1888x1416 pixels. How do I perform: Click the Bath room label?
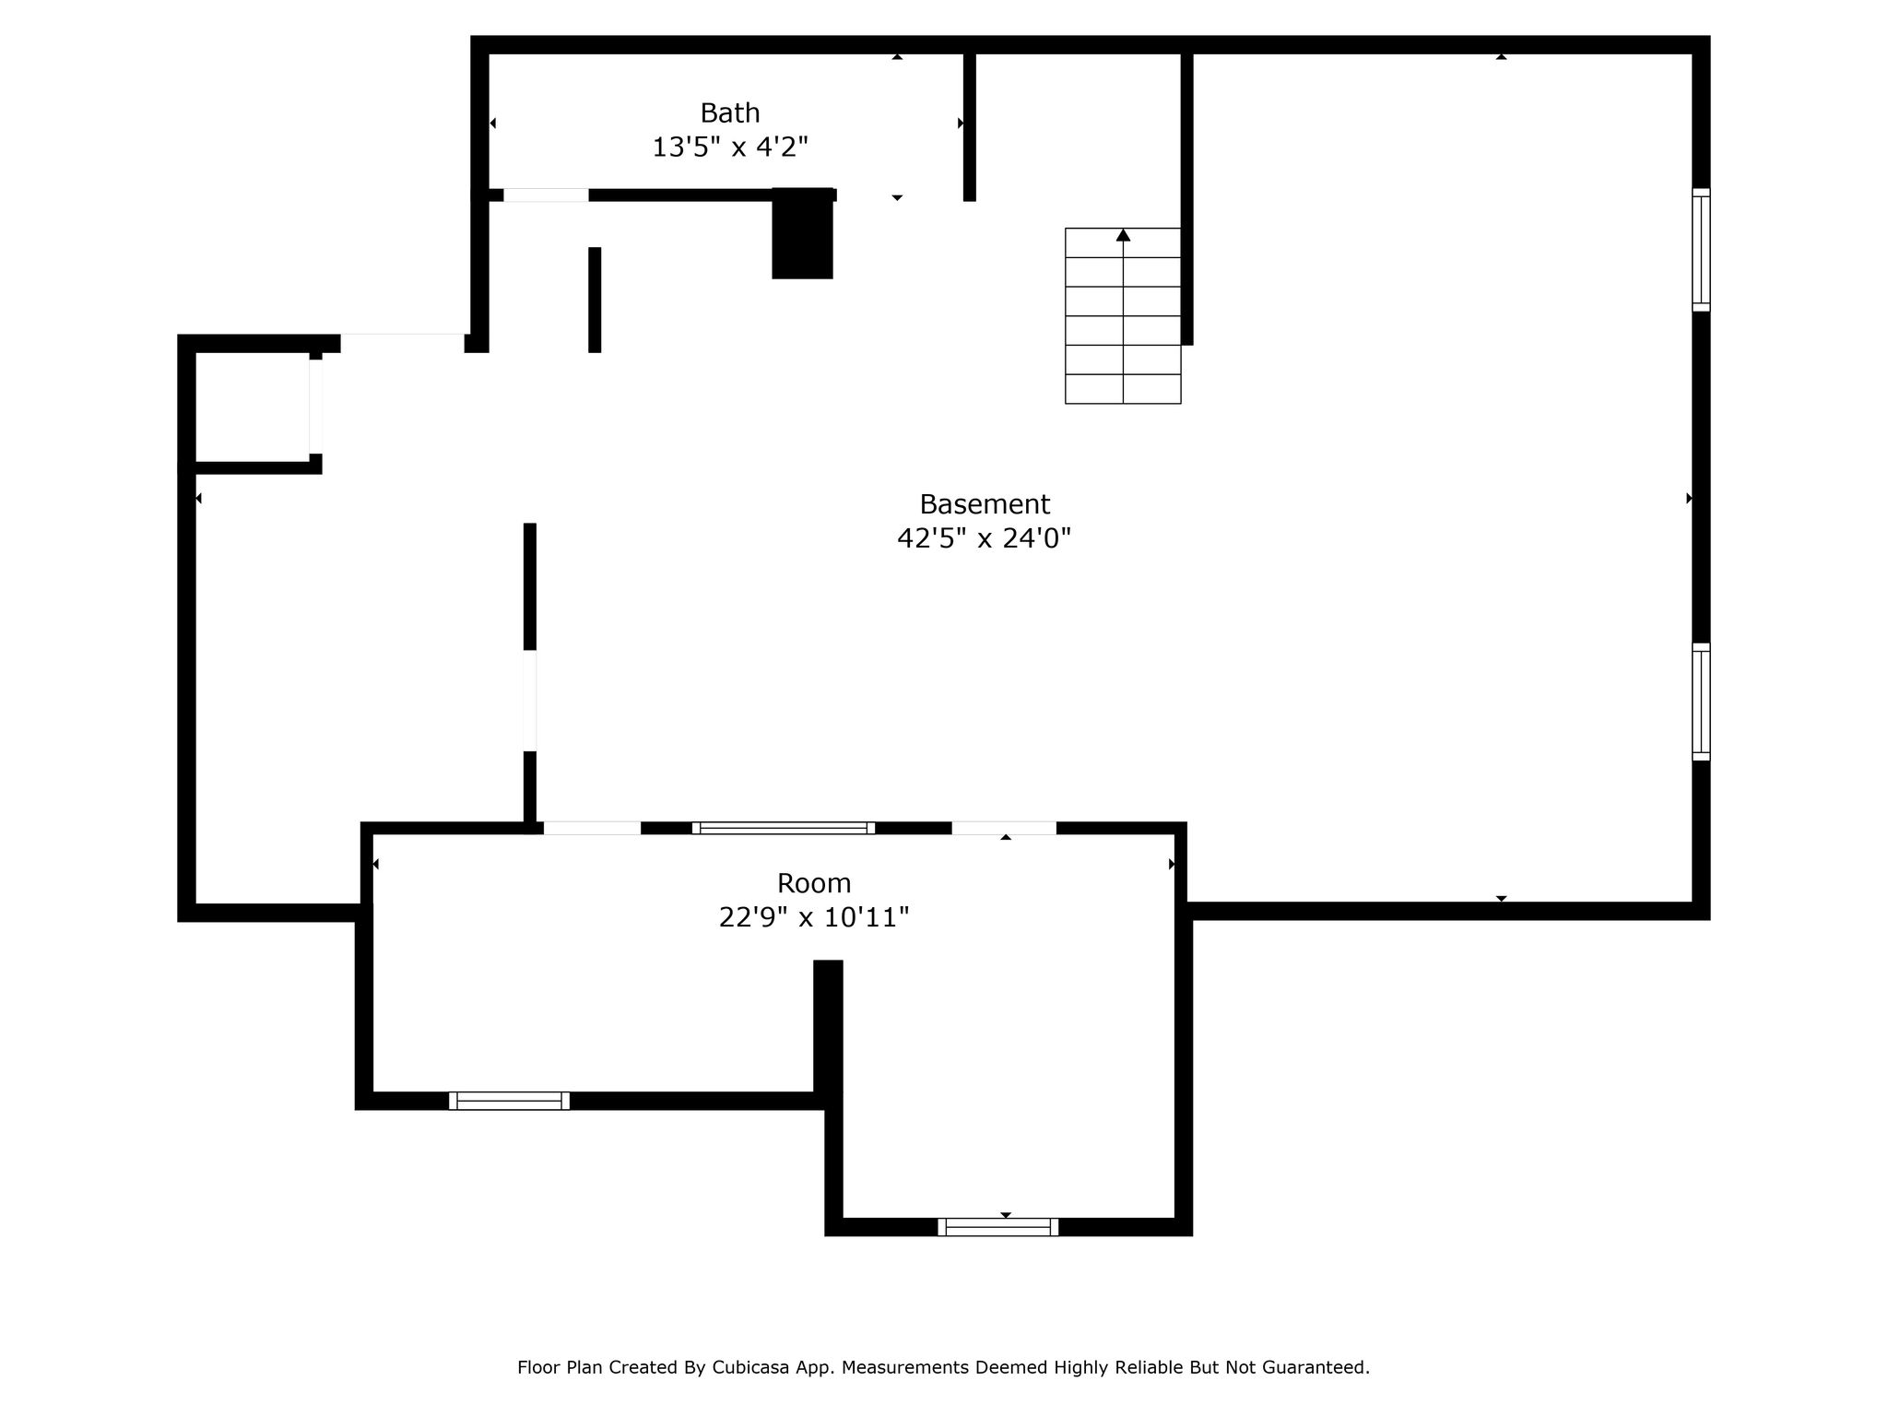pos(730,113)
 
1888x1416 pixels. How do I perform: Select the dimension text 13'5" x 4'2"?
pos(730,147)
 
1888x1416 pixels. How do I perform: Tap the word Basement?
pos(985,504)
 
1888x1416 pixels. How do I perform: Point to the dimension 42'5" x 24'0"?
pos(985,538)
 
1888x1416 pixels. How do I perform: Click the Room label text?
pos(814,883)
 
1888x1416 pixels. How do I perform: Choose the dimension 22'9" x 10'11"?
pos(814,917)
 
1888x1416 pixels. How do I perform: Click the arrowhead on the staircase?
pos(1123,235)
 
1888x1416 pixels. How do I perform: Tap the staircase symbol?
pos(1123,315)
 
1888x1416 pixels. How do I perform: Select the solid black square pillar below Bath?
pos(802,233)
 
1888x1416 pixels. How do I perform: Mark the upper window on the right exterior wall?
pos(1701,250)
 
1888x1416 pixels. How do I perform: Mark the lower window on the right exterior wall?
pos(1701,702)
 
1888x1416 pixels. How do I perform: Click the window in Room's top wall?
pos(783,828)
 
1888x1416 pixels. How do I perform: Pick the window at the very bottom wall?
pos(998,1227)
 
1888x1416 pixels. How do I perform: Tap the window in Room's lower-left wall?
pos(509,1101)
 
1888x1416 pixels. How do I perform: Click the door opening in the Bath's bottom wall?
pos(546,195)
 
